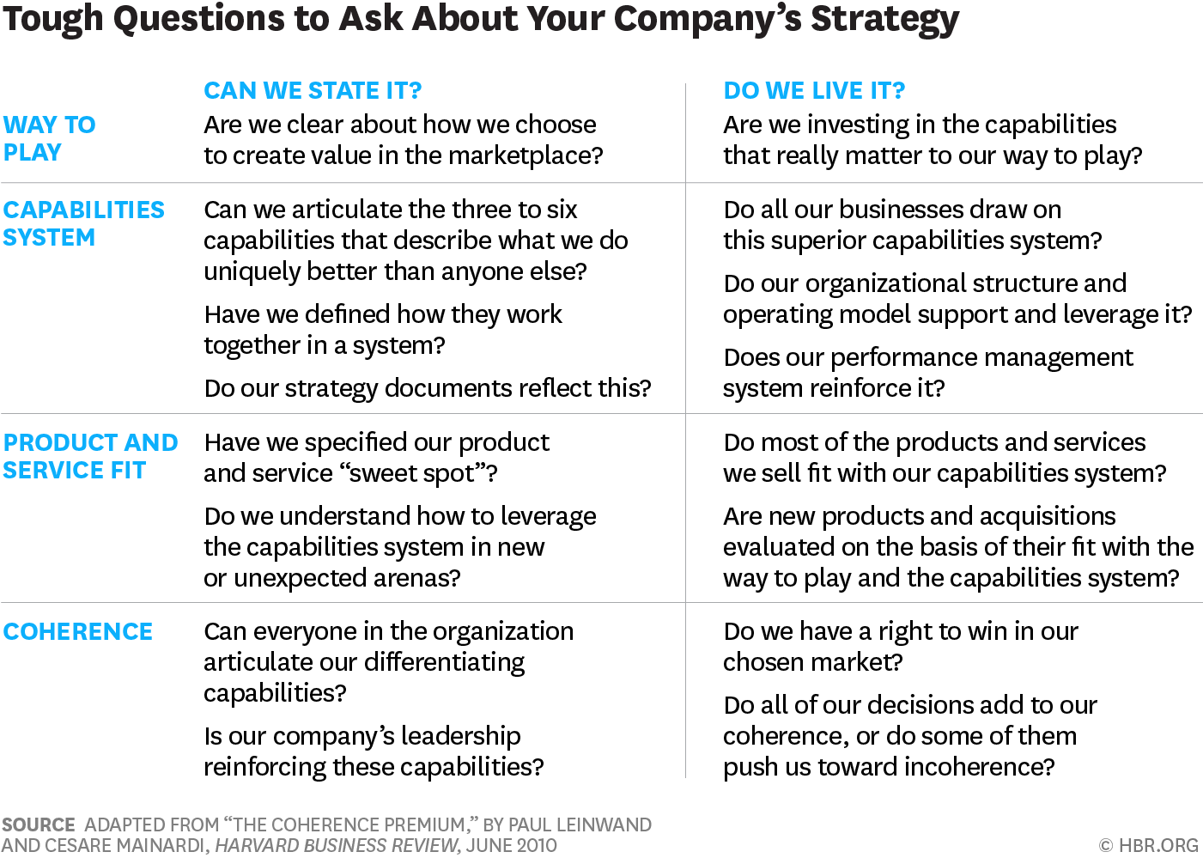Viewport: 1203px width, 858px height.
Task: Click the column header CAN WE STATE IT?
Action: point(313,90)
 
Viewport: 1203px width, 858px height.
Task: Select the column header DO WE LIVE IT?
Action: point(814,90)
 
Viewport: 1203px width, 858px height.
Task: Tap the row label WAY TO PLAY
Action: point(50,138)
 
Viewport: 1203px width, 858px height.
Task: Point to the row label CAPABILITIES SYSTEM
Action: point(83,223)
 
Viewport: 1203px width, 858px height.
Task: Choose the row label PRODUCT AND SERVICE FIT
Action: point(90,456)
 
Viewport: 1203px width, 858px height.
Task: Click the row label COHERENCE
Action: point(78,631)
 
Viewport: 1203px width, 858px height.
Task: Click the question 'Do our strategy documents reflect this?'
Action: point(428,388)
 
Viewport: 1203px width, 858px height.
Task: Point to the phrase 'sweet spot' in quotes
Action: point(412,473)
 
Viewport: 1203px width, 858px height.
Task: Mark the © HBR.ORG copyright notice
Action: point(1148,845)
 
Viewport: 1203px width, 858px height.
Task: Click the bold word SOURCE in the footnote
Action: point(39,825)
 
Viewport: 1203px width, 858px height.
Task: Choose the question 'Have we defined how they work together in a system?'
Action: point(383,329)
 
